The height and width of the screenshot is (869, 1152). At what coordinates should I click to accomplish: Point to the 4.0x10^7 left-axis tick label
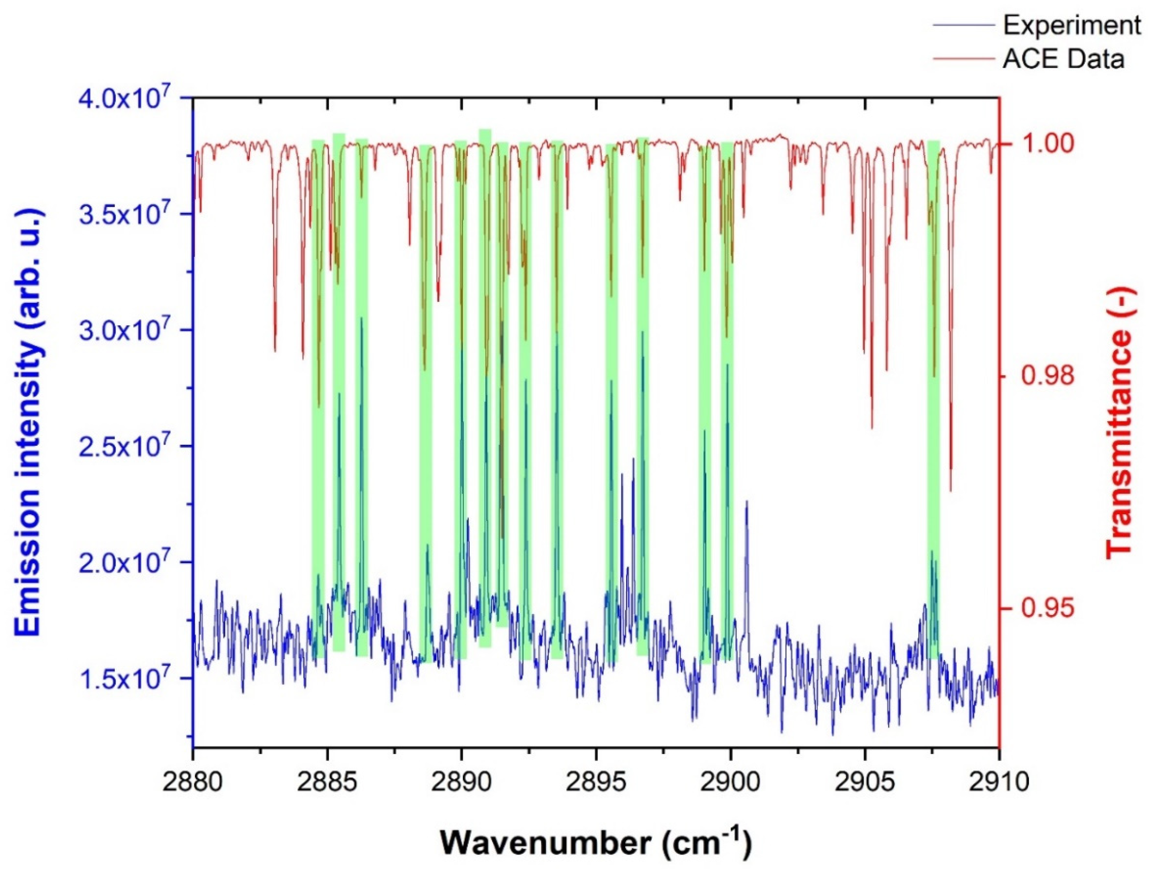tap(125, 98)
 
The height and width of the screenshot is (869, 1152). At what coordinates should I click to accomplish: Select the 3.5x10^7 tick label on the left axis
tap(125, 214)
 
